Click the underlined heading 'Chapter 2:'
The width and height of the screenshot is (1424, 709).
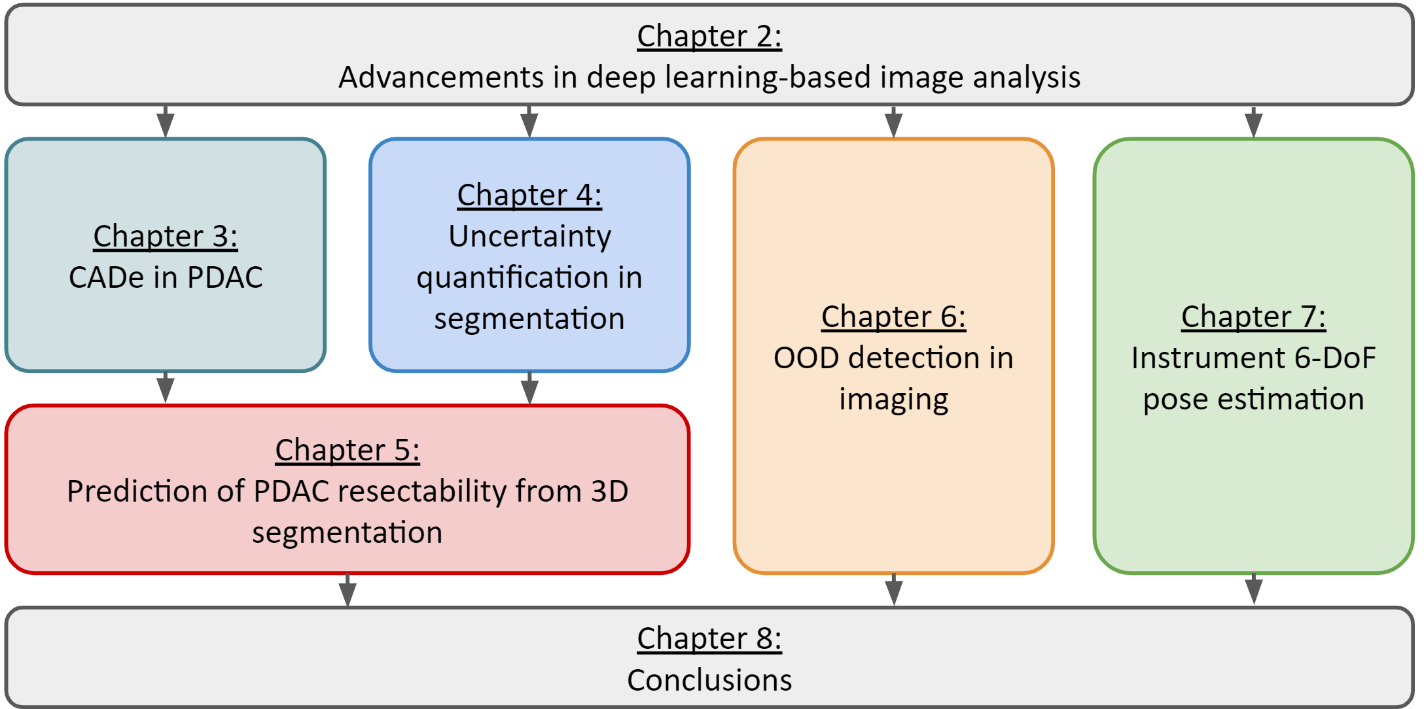pyautogui.click(x=709, y=37)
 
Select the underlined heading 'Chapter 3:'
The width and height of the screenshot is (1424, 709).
pyautogui.click(x=166, y=237)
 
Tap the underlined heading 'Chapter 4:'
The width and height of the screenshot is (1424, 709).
pyautogui.click(x=529, y=196)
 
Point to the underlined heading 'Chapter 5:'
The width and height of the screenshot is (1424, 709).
pyautogui.click(x=347, y=451)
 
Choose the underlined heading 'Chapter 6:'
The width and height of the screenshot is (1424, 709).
pyautogui.click(x=893, y=317)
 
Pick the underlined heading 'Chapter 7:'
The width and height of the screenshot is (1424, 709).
pyautogui.click(x=1253, y=317)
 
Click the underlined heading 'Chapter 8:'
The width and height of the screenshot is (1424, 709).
pyautogui.click(x=709, y=639)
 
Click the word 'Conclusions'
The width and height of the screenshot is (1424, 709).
pyautogui.click(x=709, y=680)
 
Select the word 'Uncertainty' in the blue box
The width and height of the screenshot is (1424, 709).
pyautogui.click(x=529, y=237)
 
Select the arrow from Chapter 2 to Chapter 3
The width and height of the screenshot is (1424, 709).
pyautogui.click(x=166, y=122)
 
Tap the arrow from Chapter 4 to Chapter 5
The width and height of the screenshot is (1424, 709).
pyautogui.click(x=529, y=389)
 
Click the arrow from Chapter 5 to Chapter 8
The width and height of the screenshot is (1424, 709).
pyautogui.click(x=347, y=590)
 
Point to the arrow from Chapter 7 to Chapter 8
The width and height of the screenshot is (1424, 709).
pyautogui.click(x=1253, y=590)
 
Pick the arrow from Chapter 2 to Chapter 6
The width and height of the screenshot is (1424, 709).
pyautogui.click(x=893, y=122)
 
